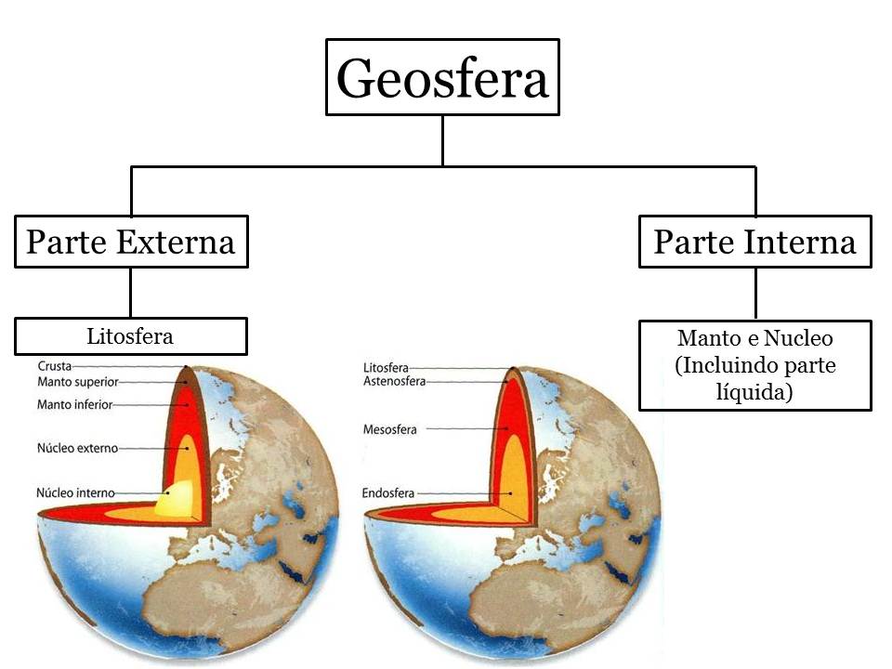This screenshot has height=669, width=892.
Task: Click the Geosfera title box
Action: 442,78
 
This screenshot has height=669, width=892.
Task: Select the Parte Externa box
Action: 131,242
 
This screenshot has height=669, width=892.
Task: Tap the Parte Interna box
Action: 754,242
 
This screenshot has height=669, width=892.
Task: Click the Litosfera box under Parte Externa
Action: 130,335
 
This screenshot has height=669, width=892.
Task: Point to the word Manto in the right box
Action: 703,338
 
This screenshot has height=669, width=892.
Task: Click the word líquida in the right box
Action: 754,393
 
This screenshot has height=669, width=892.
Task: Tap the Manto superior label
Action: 78,382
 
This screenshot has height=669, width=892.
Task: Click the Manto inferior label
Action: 74,405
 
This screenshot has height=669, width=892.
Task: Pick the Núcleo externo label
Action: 78,448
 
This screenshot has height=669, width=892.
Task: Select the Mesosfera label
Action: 390,429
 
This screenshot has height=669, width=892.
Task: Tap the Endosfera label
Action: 388,493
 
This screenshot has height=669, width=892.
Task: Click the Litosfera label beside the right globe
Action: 386,368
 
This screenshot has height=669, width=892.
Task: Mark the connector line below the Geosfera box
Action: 442,140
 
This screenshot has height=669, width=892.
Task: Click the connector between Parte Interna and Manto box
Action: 755,294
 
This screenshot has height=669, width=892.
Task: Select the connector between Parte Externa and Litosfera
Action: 130,292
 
